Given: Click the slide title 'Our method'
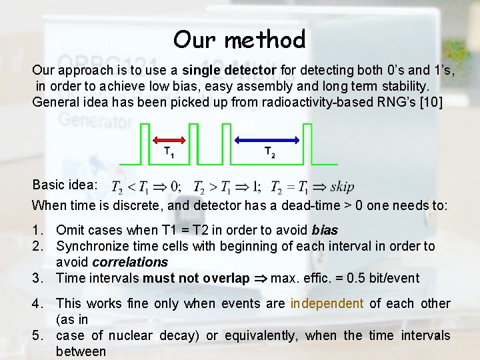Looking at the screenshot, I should pyautogui.click(x=239, y=40).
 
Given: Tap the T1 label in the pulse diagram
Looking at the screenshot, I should pyautogui.click(x=169, y=153).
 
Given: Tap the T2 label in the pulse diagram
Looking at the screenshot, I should pyautogui.click(x=269, y=153).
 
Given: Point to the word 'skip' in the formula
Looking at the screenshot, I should pyautogui.click(x=342, y=187).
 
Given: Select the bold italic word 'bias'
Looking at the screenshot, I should pyautogui.click(x=325, y=231).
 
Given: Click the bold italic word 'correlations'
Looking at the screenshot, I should pyautogui.click(x=130, y=263).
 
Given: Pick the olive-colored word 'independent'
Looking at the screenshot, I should pyautogui.click(x=327, y=304).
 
